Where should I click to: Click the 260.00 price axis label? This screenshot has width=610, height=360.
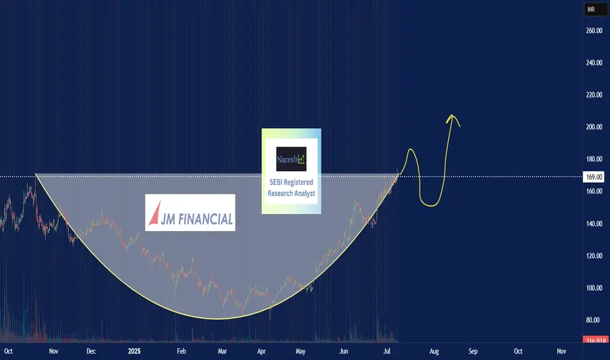coord(594,31)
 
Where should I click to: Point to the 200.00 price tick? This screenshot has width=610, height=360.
coord(594,127)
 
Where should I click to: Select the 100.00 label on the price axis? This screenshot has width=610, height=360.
coord(594,288)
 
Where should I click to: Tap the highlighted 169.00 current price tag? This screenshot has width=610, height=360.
coord(594,177)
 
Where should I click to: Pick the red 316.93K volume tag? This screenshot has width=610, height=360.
coord(595,340)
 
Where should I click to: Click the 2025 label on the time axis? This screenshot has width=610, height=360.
coord(134,351)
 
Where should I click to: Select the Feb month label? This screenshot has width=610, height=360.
coord(181,351)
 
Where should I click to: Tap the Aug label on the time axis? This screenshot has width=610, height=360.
coord(434,351)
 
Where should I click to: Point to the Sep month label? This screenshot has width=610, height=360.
coord(473,351)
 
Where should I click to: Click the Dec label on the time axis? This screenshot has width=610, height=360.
coord(91,351)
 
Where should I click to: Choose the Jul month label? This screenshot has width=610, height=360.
coord(387,351)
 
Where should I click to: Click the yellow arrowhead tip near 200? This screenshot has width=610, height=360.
coord(452,115)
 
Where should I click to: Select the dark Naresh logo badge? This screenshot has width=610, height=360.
coord(291,159)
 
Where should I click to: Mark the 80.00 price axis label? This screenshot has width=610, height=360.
coord(593,320)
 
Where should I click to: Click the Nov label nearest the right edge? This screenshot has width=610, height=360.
coord(562,351)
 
